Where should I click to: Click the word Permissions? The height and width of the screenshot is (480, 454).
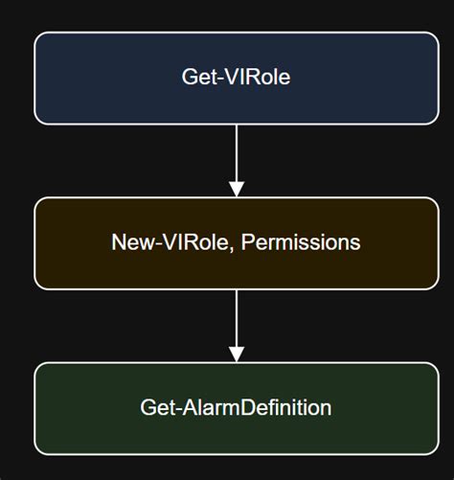point(301,243)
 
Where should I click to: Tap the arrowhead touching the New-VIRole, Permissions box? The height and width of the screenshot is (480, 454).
point(237,189)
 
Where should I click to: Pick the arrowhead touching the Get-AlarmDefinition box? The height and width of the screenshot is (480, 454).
point(237,354)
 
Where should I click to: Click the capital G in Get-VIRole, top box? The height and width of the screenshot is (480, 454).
point(189,77)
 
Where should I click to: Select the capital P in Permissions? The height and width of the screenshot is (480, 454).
point(247,243)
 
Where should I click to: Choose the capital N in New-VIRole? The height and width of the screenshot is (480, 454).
point(118,243)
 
